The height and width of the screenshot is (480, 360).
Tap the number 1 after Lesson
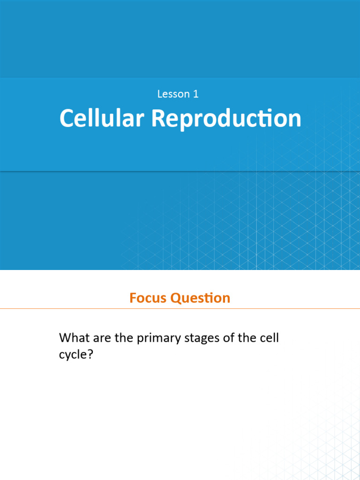tap(195, 94)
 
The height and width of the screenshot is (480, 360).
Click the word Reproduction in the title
tap(226, 119)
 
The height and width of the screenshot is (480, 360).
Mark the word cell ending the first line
tap(269, 337)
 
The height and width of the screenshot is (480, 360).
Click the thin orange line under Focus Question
tap(180, 309)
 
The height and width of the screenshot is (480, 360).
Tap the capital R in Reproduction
tap(158, 119)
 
